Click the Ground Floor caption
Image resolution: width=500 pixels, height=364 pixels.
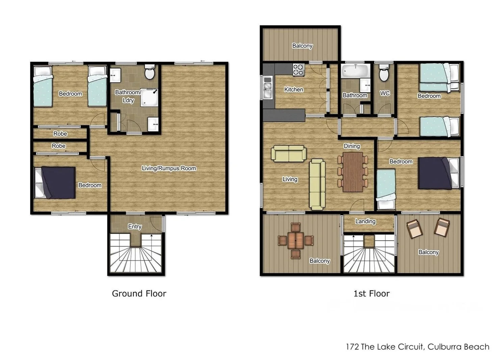(139, 294)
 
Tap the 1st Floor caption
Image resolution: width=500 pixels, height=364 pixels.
(371, 294)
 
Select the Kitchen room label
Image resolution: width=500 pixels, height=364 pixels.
(293, 90)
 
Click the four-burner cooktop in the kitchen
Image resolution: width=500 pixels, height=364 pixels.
(298, 70)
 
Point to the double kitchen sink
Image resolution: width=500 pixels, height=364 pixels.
(267, 87)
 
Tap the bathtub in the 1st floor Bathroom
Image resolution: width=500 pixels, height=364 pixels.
(355, 71)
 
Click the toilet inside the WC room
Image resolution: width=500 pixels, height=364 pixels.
(384, 74)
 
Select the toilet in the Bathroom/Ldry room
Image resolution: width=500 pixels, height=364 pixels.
(150, 73)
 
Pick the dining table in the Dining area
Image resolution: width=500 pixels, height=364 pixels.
(352, 172)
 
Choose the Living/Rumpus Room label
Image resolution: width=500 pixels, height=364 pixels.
(169, 168)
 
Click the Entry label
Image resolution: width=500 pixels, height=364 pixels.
(134, 226)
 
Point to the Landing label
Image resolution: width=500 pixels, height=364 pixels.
(365, 221)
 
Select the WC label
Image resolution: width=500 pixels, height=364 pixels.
(385, 93)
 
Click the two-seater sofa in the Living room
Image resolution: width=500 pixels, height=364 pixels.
(289, 154)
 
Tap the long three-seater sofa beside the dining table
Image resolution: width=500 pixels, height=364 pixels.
(317, 184)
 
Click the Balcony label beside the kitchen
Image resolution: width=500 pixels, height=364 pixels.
(302, 46)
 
